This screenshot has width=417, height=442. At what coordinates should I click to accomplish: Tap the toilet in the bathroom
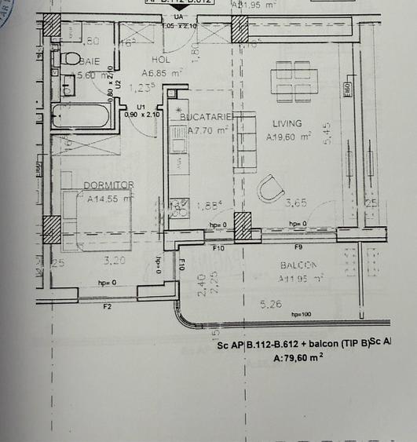[x=68, y=58]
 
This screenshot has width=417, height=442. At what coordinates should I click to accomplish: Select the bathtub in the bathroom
[x=79, y=116]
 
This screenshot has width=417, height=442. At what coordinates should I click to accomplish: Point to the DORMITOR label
[x=108, y=185]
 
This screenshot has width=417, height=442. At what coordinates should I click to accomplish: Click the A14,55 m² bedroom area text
[x=109, y=199]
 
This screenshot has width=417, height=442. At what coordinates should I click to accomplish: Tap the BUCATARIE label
[x=206, y=117]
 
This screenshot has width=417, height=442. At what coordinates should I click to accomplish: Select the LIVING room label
[x=287, y=123]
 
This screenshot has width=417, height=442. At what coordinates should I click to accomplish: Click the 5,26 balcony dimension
[x=270, y=305]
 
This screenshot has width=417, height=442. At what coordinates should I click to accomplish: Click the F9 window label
[x=298, y=247]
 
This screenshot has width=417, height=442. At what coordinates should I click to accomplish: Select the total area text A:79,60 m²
[x=298, y=358]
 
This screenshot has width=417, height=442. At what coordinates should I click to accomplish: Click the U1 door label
[x=141, y=106]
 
